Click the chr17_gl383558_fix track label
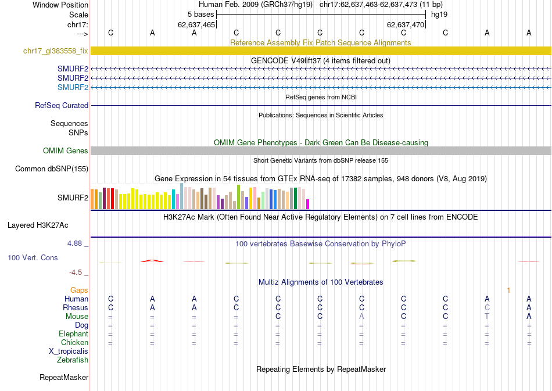(56, 51)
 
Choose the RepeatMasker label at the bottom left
(64, 378)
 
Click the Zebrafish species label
(73, 360)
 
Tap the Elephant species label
(73, 334)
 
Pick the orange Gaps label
(79, 290)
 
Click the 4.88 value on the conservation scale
(77, 243)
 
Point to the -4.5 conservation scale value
(78, 272)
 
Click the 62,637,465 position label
(196, 25)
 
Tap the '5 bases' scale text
(200, 14)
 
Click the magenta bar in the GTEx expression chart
(308, 204)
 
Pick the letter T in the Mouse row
(488, 317)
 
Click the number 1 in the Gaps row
(508, 290)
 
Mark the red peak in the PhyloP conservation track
(152, 261)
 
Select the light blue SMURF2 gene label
(73, 87)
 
